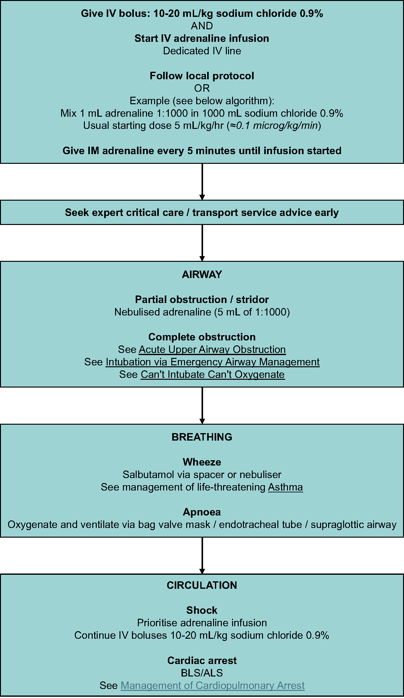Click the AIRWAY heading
[x=202, y=275]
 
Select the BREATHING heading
[x=202, y=437]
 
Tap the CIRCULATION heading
[x=202, y=585]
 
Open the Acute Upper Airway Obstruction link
[x=212, y=349]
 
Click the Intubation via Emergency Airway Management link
[x=212, y=362]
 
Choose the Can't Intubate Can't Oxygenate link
[x=212, y=374]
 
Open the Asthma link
[x=285, y=487]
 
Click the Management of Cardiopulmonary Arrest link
[x=212, y=686]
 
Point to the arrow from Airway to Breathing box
[x=202, y=405]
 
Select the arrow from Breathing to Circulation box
[x=202, y=555]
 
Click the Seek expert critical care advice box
[x=202, y=212]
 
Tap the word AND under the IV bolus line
[x=202, y=26]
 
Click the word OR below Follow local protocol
[x=202, y=88]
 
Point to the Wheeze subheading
[x=202, y=462]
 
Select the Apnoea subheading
[x=202, y=512]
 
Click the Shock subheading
[x=202, y=610]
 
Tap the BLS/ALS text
[x=202, y=673]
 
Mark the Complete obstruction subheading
[x=202, y=337]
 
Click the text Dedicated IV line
[x=202, y=51]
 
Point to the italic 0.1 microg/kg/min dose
[x=277, y=126]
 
